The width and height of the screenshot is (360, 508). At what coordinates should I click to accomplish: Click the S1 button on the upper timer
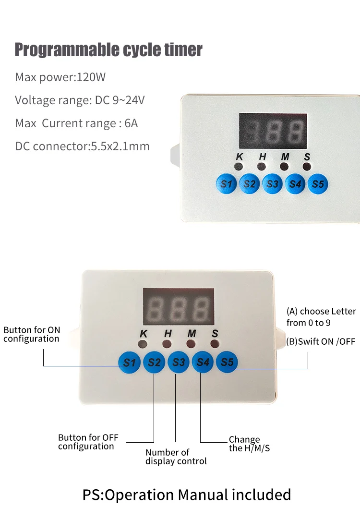[x=226, y=183]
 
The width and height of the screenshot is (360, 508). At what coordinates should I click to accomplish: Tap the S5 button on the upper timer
[x=318, y=183]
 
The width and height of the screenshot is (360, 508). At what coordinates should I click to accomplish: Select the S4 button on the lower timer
[x=203, y=362]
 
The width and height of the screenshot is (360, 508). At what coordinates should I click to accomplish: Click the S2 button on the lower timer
[x=154, y=362]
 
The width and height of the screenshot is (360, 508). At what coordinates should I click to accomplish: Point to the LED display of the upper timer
[x=273, y=130]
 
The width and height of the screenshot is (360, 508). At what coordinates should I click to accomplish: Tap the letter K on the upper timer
[x=239, y=157]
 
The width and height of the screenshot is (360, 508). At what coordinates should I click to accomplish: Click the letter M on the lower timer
[x=192, y=333]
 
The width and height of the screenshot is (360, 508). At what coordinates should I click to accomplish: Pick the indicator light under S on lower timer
[x=215, y=344]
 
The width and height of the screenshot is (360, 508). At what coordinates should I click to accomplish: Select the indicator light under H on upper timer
[x=262, y=167]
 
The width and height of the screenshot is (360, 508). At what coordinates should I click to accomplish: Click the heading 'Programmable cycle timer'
[x=108, y=49]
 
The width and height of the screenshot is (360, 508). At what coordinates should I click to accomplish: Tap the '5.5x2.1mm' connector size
[x=120, y=146]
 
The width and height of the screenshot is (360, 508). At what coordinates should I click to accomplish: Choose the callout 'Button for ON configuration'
[x=32, y=334]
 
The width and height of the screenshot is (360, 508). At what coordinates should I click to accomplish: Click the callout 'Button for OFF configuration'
[x=88, y=442]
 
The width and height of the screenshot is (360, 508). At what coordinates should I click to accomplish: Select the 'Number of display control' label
[x=176, y=457]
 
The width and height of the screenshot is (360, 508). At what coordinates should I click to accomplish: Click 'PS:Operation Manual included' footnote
[x=187, y=495]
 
